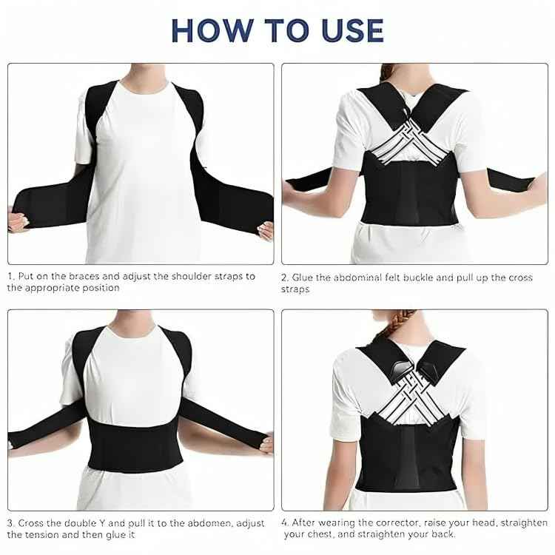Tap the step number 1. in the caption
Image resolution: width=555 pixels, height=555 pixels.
[x=11, y=276]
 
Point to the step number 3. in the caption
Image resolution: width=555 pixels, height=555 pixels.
[x=12, y=523]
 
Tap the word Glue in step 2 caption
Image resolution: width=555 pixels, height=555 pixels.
[x=303, y=277]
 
